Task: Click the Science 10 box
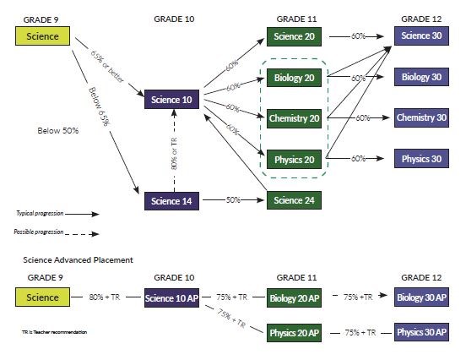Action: point(171,101)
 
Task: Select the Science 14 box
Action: point(171,200)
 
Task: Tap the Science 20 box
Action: point(295,36)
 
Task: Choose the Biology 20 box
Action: point(295,77)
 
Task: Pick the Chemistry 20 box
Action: point(295,117)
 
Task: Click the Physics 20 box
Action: point(295,158)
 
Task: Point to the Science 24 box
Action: point(295,200)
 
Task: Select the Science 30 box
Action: point(421,36)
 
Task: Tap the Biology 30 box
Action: point(421,77)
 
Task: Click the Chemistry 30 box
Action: point(421,117)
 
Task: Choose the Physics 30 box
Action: point(421,158)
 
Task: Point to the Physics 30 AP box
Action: point(421,332)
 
